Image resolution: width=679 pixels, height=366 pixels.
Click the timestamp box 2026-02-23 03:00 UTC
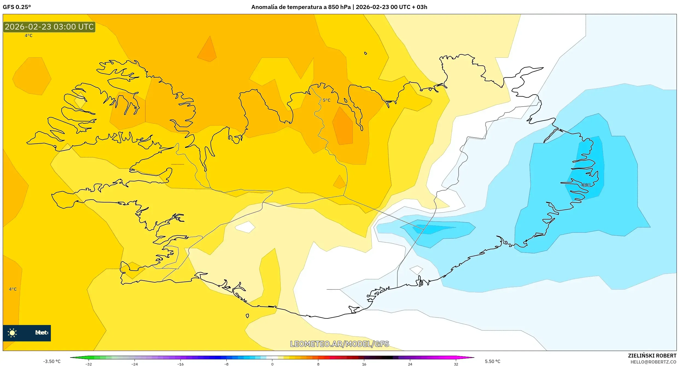[x=49, y=27]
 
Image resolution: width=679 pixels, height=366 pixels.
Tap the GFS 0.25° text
[x=17, y=7]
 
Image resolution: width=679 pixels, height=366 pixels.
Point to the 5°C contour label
[x=327, y=100]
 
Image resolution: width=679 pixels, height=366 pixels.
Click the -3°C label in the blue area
[x=586, y=185]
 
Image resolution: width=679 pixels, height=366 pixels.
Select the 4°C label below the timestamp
[x=28, y=36]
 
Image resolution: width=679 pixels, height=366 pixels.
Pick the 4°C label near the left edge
[x=13, y=289]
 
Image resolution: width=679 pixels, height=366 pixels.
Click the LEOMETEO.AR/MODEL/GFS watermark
[x=339, y=344]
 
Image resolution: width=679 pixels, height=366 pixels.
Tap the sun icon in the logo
[x=12, y=333]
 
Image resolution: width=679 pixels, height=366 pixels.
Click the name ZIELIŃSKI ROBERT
[x=652, y=356]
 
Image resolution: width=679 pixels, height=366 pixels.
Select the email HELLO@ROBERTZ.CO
[x=653, y=362]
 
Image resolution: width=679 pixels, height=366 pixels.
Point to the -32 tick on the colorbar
[x=89, y=364]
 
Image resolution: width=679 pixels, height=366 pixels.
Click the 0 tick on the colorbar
[x=272, y=364]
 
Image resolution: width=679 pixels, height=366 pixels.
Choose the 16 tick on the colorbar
[x=364, y=364]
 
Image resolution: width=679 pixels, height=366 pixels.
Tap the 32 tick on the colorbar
[x=456, y=364]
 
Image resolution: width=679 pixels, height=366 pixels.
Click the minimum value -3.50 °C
[x=52, y=361]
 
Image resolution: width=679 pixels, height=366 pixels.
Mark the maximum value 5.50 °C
[x=493, y=361]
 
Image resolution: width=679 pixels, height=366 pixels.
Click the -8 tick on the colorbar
[x=226, y=364]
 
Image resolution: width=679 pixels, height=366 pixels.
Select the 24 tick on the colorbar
[x=410, y=364]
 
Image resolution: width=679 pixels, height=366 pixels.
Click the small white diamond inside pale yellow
[x=245, y=227]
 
